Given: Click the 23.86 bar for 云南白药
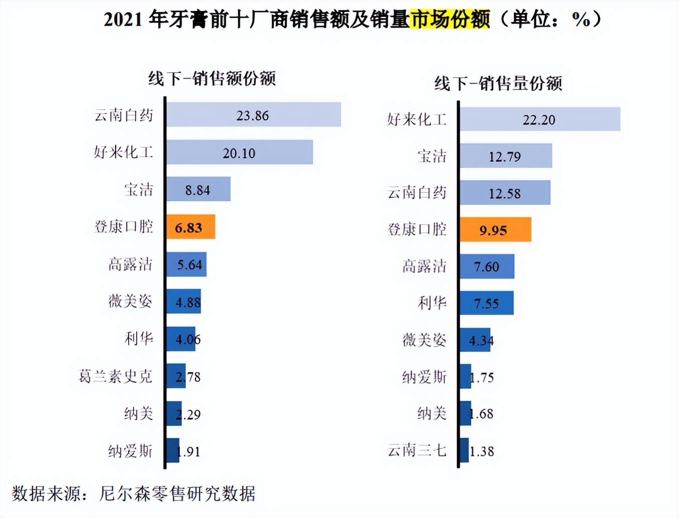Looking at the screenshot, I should pyautogui.click(x=253, y=115).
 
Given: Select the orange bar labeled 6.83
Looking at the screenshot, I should pyautogui.click(x=191, y=227).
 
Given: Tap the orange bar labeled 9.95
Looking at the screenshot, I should pyautogui.click(x=495, y=229).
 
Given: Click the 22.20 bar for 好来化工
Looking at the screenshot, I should pyautogui.click(x=540, y=119).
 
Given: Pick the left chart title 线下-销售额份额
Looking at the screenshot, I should pyautogui.click(x=212, y=79).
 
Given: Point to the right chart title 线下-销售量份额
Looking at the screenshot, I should pyautogui.click(x=498, y=83).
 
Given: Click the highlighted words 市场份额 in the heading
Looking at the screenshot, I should pyautogui.click(x=449, y=20).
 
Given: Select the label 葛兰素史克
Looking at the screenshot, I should pyautogui.click(x=116, y=376).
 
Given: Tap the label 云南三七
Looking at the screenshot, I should pyautogui.click(x=417, y=450).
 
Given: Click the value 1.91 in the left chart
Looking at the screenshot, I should pyautogui.click(x=188, y=452).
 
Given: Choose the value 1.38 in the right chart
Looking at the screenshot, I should pyautogui.click(x=482, y=451).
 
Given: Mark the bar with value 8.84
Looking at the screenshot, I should pyautogui.click(x=198, y=189).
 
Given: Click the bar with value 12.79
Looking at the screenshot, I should pyautogui.click(x=506, y=156).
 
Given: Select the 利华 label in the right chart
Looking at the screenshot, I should pyautogui.click(x=432, y=303).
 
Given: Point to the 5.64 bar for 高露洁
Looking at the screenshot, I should pyautogui.click(x=186, y=265).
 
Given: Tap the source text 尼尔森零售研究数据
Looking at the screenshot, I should pyautogui.click(x=177, y=494).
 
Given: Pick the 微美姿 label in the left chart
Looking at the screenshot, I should pyautogui.click(x=130, y=301).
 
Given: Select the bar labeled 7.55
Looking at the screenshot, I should pyautogui.click(x=487, y=303).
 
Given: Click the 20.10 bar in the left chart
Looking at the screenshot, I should pyautogui.click(x=239, y=152).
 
